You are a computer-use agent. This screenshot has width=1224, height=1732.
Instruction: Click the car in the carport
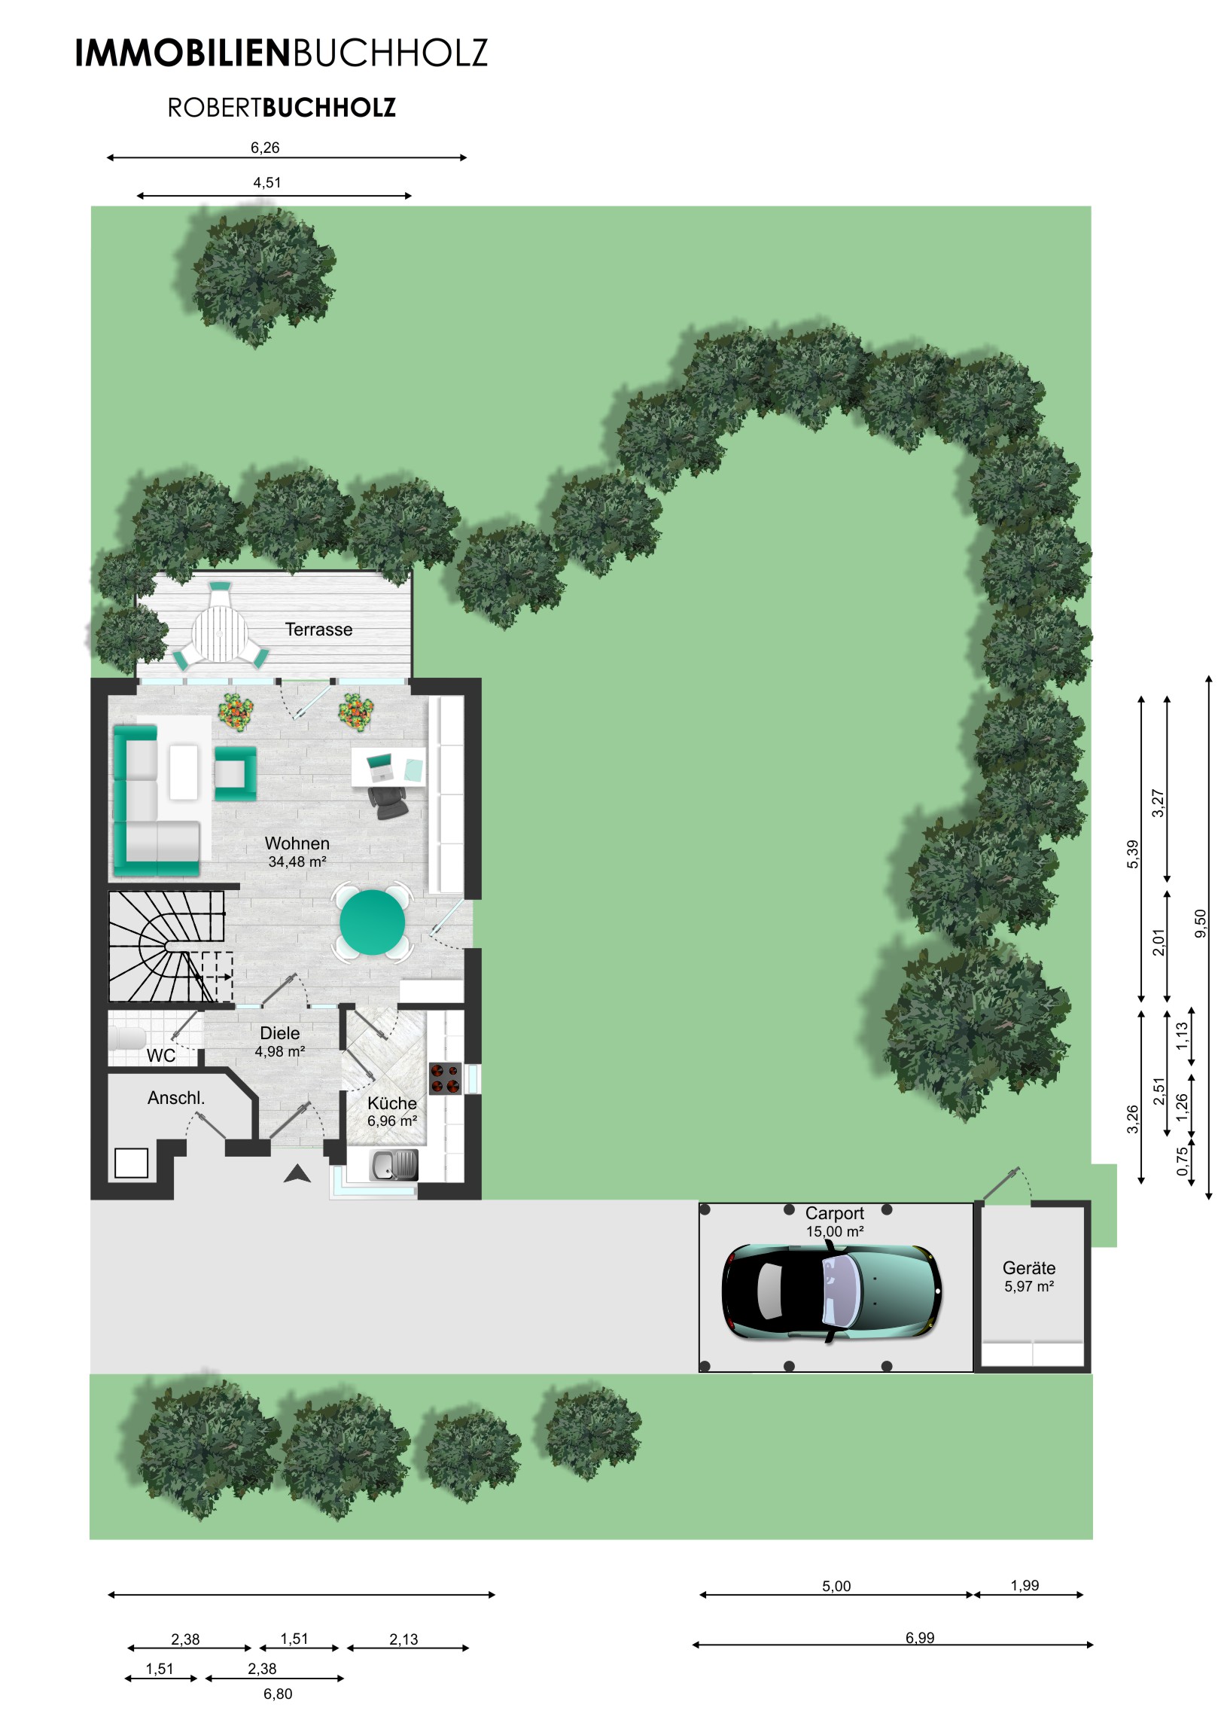click(831, 1292)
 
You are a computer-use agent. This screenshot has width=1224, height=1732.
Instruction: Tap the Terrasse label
click(318, 629)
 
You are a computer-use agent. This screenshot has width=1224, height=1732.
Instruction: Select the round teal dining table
click(372, 921)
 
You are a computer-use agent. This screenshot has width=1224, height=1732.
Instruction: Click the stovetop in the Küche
click(445, 1078)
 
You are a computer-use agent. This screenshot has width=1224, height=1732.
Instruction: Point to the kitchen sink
click(394, 1165)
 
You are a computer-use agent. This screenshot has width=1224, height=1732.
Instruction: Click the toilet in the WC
click(126, 1038)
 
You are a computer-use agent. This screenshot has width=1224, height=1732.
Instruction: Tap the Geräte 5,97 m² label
click(1029, 1276)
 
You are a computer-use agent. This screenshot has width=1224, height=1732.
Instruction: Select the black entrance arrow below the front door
click(297, 1173)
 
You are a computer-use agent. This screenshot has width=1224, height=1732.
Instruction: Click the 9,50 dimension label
click(1201, 923)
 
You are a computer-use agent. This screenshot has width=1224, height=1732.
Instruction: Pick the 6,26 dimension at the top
click(265, 148)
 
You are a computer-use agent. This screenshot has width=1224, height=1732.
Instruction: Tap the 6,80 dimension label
click(278, 1694)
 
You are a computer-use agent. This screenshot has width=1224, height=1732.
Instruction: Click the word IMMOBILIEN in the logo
click(183, 53)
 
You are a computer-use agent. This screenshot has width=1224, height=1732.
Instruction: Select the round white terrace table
click(220, 633)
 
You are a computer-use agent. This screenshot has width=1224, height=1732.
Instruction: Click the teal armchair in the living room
click(236, 773)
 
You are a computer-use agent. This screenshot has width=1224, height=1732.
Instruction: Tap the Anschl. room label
click(175, 1099)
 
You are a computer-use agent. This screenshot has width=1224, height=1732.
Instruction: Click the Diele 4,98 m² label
click(280, 1041)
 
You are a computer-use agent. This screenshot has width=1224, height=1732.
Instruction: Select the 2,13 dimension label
click(403, 1639)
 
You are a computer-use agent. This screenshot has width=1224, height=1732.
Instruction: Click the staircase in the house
click(167, 947)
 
